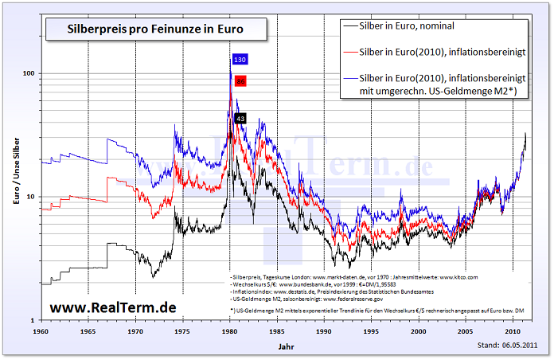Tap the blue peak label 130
pyautogui.click(x=240, y=60)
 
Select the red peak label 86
pyautogui.click(x=240, y=81)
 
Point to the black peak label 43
pyautogui.click(x=240, y=119)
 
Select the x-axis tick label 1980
pyautogui.click(x=230, y=330)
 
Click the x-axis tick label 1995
pyautogui.click(x=371, y=330)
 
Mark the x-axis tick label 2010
pyautogui.click(x=512, y=330)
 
